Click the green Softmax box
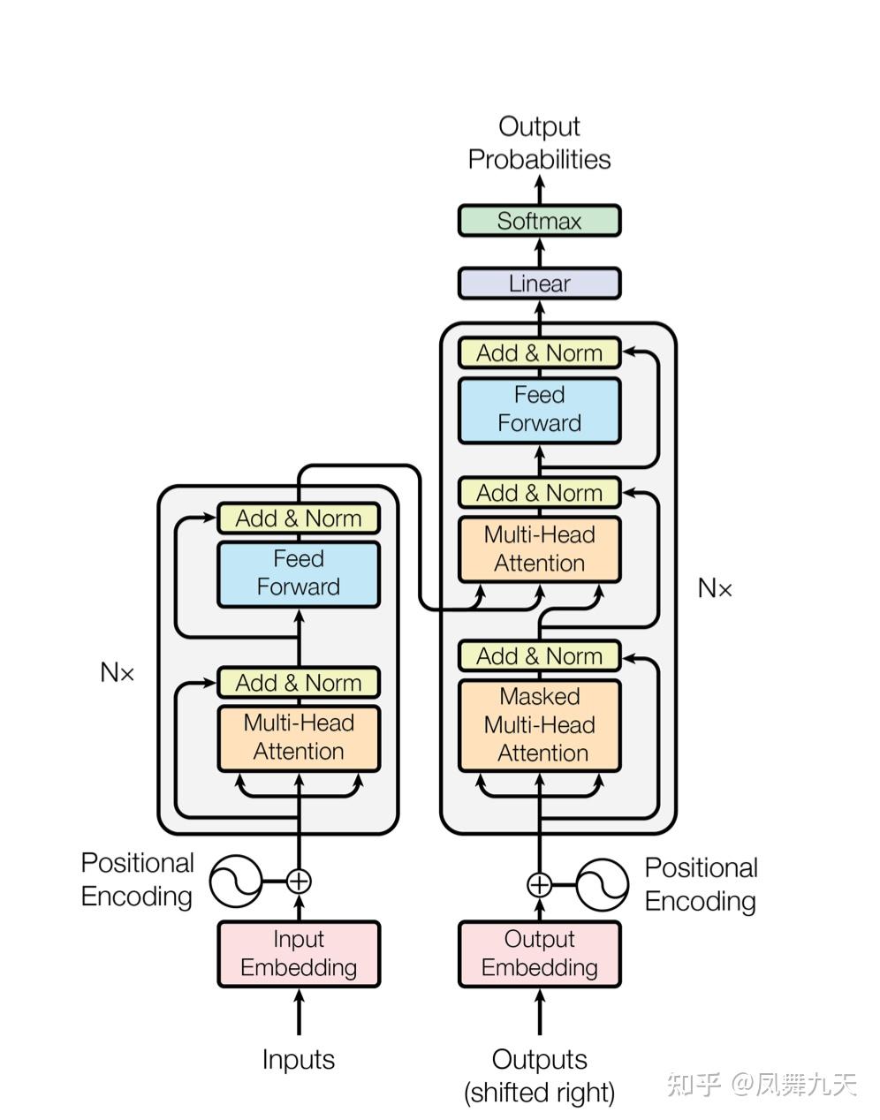[539, 221]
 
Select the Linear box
[539, 283]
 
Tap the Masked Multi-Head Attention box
[539, 725]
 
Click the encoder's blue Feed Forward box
[299, 574]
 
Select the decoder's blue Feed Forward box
[539, 410]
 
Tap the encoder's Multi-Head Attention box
[299, 738]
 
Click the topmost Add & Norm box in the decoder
[539, 352]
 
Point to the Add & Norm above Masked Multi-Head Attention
[539, 655]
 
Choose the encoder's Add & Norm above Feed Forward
[299, 518]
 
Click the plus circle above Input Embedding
[299, 881]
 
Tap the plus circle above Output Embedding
[539, 885]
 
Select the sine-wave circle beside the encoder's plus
[236, 881]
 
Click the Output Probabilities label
[539, 143]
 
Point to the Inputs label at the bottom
[299, 1060]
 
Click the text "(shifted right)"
[539, 1093]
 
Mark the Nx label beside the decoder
[715, 587]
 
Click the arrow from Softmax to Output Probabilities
[539, 189]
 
